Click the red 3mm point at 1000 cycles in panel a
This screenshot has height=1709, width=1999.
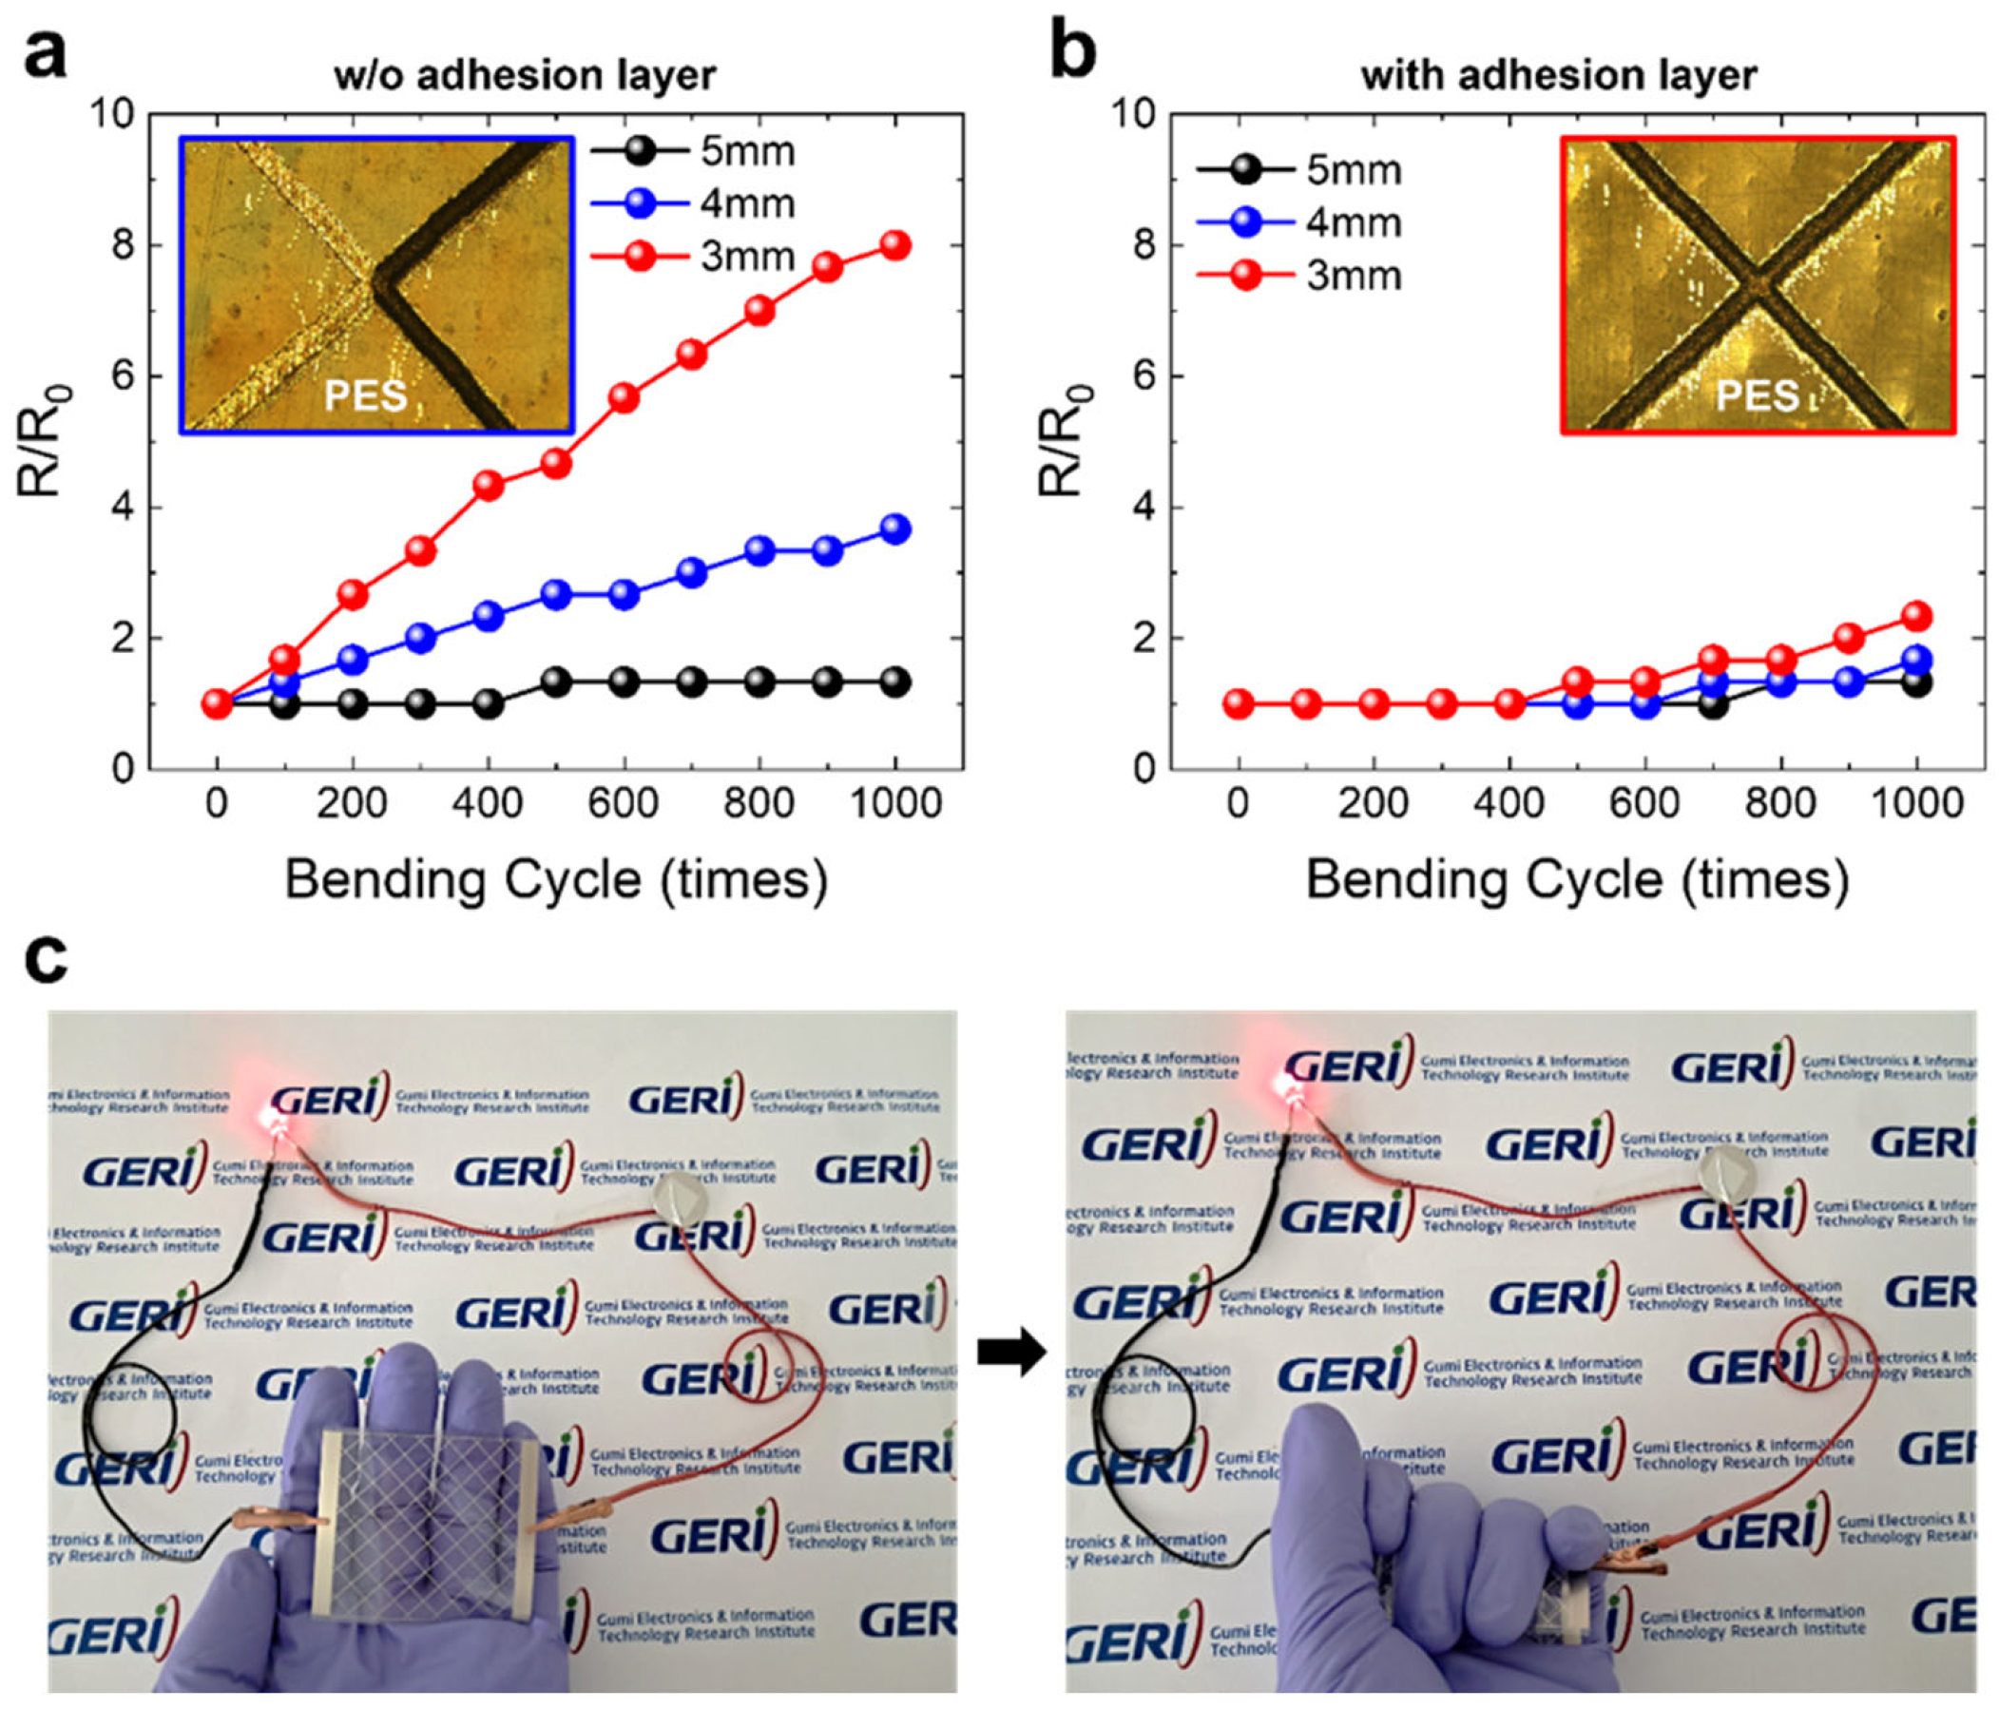[x=895, y=245]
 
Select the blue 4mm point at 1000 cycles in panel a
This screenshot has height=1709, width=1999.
[x=895, y=528]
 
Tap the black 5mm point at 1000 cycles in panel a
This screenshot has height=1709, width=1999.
[x=895, y=682]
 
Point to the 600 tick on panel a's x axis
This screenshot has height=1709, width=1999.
[x=625, y=803]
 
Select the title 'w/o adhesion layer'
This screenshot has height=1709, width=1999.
[x=525, y=75]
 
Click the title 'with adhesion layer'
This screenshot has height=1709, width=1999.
[x=1559, y=75]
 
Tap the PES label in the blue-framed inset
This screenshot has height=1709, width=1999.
[x=365, y=395]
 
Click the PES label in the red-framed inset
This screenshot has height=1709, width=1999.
[x=1756, y=395]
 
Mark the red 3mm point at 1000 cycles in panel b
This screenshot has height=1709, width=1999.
[x=1916, y=616]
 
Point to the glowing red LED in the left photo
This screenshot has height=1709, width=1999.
[x=272, y=1120]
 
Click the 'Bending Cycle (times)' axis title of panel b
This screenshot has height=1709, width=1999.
[x=1576, y=880]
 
